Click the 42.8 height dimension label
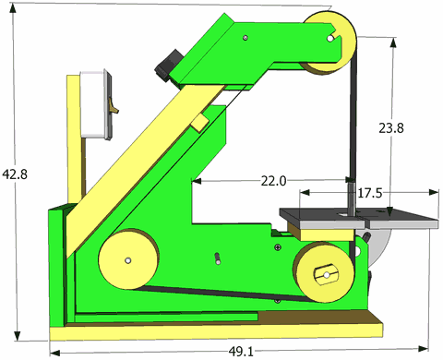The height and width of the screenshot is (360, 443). point(15,174)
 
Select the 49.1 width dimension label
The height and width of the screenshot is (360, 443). point(241,352)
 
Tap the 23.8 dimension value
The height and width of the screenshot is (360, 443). point(391,128)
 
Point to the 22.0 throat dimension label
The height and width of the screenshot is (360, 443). point(273,181)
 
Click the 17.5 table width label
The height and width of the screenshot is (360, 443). point(370,194)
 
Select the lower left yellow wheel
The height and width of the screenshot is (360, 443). point(128,259)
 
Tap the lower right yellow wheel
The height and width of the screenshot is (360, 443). point(324,272)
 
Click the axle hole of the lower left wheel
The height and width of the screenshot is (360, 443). point(128,260)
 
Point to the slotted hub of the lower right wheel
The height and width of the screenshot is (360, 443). point(326,274)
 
